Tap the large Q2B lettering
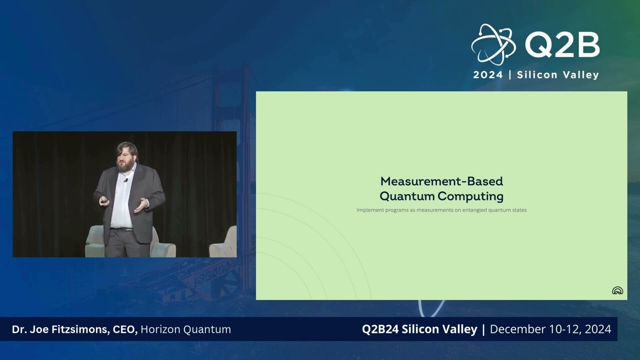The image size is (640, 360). coord(562,46)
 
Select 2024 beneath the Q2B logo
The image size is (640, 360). coord(488,75)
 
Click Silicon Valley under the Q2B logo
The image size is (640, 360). coord(557,75)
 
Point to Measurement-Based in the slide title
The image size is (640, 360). coord(441,181)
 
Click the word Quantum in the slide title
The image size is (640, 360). coord(406,195)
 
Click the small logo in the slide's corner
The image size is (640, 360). coord(617,290)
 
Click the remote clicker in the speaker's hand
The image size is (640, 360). coord(103,200)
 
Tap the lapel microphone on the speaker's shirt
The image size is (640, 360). coord(126,180)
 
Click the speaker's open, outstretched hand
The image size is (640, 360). coord(141,204)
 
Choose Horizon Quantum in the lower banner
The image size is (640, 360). coord(185,329)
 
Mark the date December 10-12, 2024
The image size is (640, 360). coord(550,329)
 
